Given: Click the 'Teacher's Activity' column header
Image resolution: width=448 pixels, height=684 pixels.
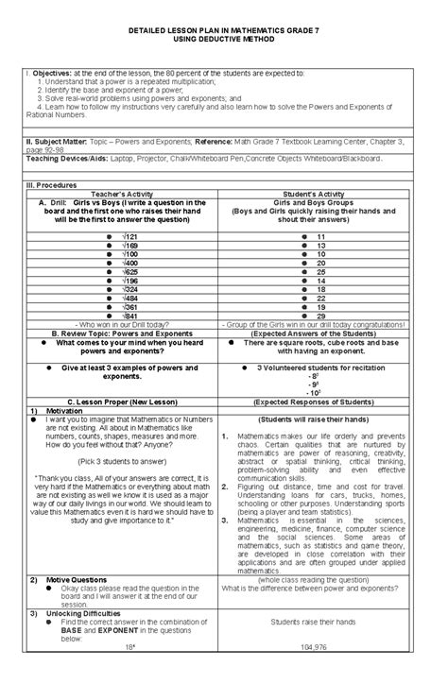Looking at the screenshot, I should coord(122,194).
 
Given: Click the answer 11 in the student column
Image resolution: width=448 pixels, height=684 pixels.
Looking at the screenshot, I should coord(321,235).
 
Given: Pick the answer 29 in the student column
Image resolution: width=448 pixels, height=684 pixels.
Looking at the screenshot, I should coord(321,316).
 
